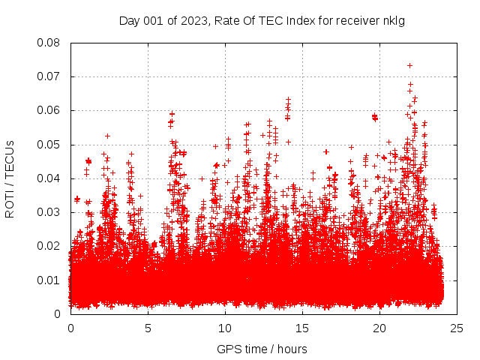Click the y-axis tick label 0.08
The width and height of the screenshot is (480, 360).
pos(49,43)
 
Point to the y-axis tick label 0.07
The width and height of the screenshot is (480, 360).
pos(49,76)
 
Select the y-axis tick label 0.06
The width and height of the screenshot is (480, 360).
pos(49,110)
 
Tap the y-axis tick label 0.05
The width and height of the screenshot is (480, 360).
pos(49,144)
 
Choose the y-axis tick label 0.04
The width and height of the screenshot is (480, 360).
pos(49,178)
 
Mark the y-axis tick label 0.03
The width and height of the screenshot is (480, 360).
pos(49,212)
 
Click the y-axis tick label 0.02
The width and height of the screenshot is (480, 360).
pos(49,246)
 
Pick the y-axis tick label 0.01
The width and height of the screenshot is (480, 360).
pos(49,280)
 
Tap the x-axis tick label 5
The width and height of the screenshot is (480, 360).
pos(148,328)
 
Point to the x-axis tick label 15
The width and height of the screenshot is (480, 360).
pos(303,328)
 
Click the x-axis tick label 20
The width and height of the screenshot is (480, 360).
pos(380,328)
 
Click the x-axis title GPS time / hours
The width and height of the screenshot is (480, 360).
pos(262,349)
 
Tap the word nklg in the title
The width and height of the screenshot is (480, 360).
pos(394,20)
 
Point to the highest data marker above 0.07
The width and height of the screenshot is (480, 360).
pos(409,65)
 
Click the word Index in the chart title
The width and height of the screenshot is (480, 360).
pos(292,20)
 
